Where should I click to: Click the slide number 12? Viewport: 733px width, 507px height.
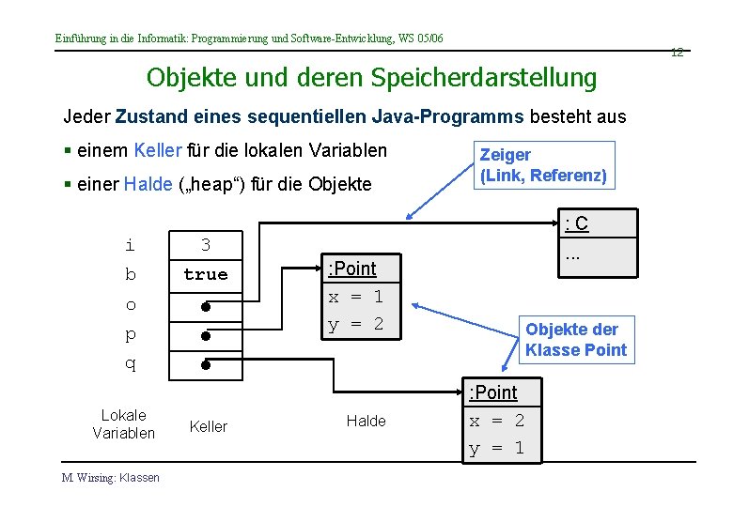(x=677, y=53)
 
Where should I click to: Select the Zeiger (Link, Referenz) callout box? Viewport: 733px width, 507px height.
(x=543, y=165)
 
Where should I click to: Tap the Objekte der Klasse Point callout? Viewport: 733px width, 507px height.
(x=576, y=340)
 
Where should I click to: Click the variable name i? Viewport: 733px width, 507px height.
(x=130, y=246)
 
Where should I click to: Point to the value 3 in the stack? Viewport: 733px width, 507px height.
(x=206, y=246)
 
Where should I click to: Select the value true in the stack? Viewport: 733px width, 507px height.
(x=206, y=275)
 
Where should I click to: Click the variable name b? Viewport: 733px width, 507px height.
(x=130, y=275)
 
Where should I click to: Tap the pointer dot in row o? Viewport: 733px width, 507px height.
(x=204, y=305)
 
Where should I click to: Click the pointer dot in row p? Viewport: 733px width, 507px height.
(x=204, y=335)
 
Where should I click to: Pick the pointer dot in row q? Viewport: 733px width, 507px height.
(x=204, y=363)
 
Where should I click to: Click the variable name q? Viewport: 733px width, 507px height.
(x=130, y=364)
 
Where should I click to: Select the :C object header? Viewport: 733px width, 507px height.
(x=576, y=223)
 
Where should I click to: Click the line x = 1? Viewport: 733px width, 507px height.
(x=355, y=297)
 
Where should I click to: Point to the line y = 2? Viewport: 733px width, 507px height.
(x=355, y=325)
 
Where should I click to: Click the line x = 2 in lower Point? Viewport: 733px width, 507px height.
(x=497, y=421)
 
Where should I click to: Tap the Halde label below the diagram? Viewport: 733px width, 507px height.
(x=366, y=422)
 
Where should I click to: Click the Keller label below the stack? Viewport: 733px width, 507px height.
(x=209, y=426)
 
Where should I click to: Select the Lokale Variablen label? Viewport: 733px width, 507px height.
(x=123, y=424)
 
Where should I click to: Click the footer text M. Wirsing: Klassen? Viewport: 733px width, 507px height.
(x=111, y=478)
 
